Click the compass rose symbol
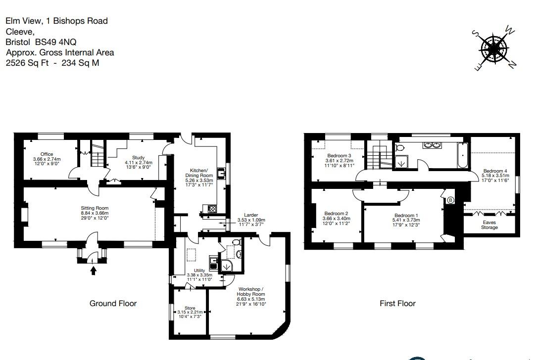(x=493, y=48)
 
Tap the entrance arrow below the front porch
(x=95, y=270)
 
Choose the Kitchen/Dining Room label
(x=199, y=175)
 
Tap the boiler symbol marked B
(x=450, y=200)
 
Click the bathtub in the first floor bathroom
(x=461, y=155)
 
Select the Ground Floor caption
(x=113, y=303)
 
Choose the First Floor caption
(x=397, y=303)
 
